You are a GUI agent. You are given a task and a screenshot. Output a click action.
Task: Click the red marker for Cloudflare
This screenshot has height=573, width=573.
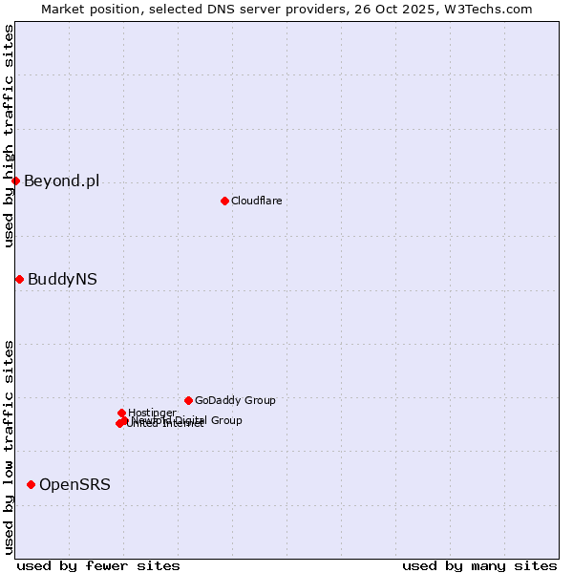click(x=224, y=201)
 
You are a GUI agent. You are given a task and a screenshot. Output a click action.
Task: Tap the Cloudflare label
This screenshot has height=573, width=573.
click(x=256, y=201)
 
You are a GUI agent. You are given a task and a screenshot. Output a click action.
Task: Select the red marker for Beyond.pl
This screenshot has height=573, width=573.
click(x=15, y=180)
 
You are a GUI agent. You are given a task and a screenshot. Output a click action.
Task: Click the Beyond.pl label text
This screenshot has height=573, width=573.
click(x=61, y=181)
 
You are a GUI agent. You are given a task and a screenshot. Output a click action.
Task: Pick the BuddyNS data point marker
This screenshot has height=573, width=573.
click(x=19, y=279)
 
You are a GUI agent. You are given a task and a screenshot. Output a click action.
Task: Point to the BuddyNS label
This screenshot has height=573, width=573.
click(x=62, y=280)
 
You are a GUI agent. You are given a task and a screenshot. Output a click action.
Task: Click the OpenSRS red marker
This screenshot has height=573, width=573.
click(x=31, y=484)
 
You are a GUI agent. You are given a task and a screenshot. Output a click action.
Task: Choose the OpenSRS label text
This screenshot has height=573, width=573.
click(x=74, y=485)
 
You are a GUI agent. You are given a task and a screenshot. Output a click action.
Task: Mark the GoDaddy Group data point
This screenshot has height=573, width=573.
click(x=188, y=400)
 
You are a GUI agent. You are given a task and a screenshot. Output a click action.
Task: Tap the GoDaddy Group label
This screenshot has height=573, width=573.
click(x=235, y=400)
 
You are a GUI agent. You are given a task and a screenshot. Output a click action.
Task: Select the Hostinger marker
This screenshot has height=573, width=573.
click(x=121, y=413)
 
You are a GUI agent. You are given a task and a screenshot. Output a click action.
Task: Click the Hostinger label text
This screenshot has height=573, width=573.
click(x=152, y=413)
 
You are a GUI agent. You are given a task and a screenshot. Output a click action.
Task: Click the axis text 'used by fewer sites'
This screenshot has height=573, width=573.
click(x=98, y=565)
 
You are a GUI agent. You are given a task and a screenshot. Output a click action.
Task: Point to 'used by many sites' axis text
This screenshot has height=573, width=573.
click(x=479, y=565)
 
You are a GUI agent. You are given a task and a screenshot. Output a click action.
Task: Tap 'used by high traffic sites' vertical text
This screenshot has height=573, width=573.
click(x=9, y=136)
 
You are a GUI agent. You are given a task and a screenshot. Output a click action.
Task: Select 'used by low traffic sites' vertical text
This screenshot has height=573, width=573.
click(x=9, y=446)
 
